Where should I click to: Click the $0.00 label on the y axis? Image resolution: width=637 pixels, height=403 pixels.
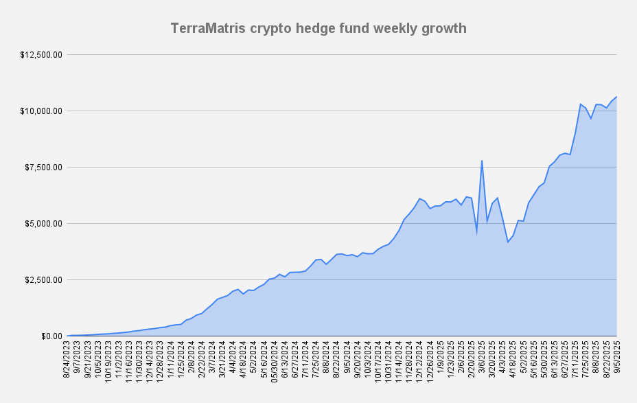click(51, 336)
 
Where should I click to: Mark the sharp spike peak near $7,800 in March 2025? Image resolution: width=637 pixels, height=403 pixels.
click(482, 161)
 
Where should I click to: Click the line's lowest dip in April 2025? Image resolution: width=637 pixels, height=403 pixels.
click(508, 242)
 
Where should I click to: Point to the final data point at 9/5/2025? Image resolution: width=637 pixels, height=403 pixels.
click(616, 97)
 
